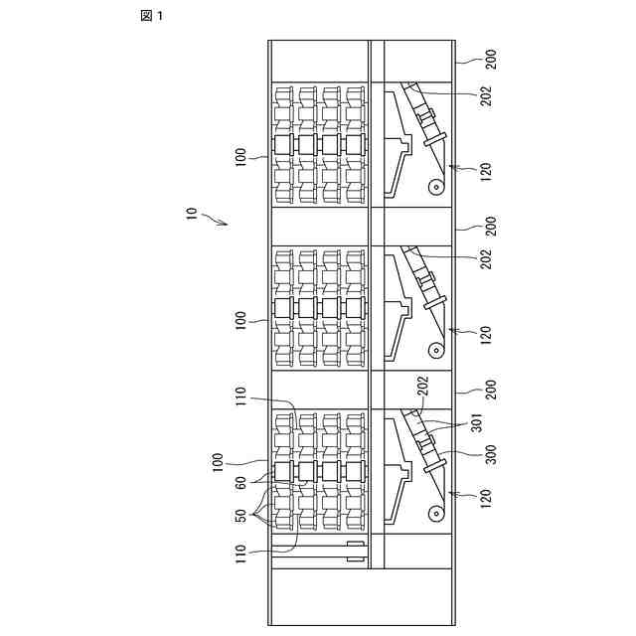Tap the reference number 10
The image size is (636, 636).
pos(192,214)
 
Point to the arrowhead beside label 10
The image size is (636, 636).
pos(225,224)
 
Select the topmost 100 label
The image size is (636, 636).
pos(240,157)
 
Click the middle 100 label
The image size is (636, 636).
pos(240,320)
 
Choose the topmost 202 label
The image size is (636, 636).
pos(486,95)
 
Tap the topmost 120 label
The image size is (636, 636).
pos(486,170)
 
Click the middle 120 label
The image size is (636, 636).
pos(486,334)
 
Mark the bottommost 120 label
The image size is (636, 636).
pos(486,498)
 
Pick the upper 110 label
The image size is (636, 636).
pos(240,397)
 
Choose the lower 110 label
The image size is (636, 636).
pos(240,555)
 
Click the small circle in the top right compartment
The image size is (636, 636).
pos(435,186)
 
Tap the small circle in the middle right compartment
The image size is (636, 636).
pos(435,350)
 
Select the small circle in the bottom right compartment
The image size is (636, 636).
pos(435,514)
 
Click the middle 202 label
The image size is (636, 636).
pos(486,257)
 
